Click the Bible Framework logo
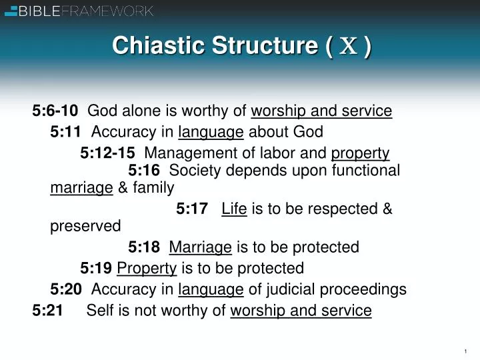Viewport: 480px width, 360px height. coord(79,10)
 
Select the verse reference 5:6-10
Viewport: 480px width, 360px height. coord(55,111)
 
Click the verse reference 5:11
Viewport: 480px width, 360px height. coord(65,132)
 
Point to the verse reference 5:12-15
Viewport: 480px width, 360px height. coord(107,153)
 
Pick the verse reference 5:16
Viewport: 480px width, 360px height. coord(144,171)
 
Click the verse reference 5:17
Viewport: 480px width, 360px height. coord(192,209)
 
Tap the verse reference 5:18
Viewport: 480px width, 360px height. coord(144,248)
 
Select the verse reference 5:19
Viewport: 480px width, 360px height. coord(96,269)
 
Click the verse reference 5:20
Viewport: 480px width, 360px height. coord(65,289)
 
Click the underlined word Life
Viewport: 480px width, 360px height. coord(234,209)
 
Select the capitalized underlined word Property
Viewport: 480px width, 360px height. coord(147,269)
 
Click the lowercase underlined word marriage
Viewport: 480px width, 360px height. coord(81,188)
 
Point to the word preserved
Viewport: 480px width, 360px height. coord(85,227)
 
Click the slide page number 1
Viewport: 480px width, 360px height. coord(465,351)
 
